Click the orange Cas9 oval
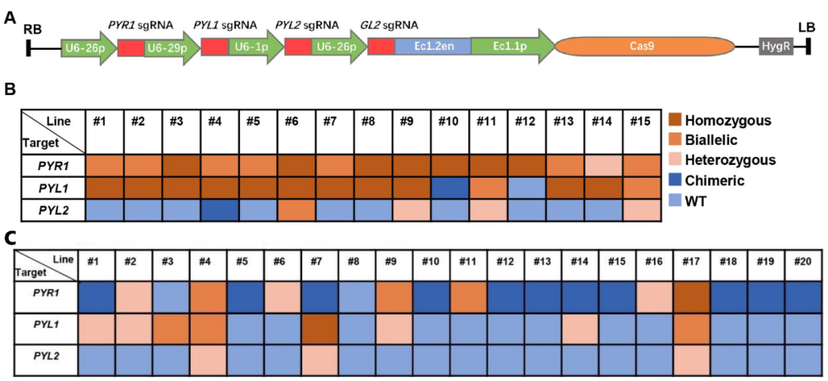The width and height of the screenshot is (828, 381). tap(644, 48)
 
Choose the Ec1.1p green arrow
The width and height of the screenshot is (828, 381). tap(510, 48)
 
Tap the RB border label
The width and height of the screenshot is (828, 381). tap(33, 29)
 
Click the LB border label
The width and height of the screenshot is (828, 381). tap(806, 28)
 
